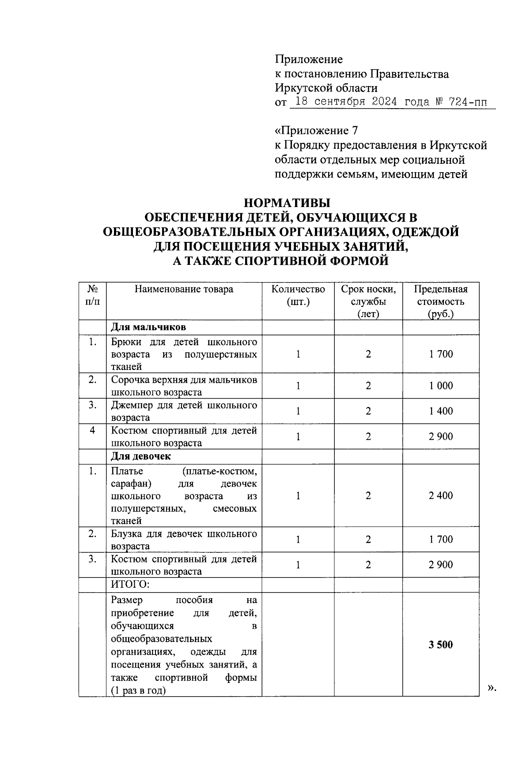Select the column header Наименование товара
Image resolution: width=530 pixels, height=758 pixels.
click(184, 289)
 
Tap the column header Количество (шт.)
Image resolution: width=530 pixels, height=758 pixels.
click(298, 295)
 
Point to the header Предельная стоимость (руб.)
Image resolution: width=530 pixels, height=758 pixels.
click(440, 302)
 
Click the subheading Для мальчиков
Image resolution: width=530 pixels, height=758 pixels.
click(148, 327)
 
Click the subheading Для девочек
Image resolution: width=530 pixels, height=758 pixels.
click(141, 456)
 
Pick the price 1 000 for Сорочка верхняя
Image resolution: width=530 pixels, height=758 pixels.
click(441, 385)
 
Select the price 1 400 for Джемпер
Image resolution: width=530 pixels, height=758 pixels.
click(441, 411)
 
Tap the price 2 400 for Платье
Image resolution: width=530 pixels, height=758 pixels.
click(441, 495)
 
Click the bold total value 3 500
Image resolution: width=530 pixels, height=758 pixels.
click(440, 645)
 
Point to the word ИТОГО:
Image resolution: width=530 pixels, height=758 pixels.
click(130, 585)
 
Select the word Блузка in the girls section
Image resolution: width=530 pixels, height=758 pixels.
click(126, 534)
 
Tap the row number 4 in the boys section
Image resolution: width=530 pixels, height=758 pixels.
click(92, 430)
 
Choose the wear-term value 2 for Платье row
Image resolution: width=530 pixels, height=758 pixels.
click(368, 495)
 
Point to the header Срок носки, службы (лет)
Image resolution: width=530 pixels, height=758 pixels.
click(368, 302)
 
